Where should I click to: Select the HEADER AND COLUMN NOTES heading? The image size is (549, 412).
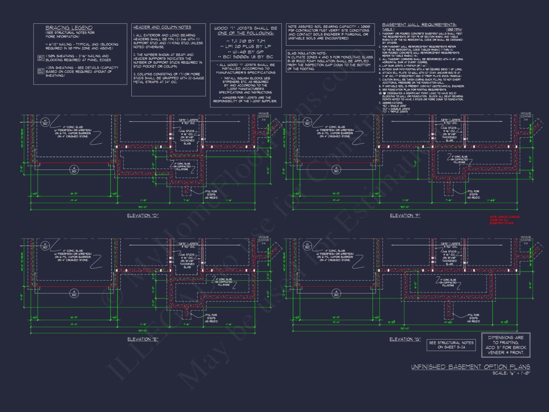pyautogui.click(x=162, y=27)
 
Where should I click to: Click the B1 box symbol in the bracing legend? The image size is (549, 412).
pyautogui.click(x=40, y=58)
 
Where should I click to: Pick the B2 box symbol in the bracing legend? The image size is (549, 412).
pyautogui.click(x=40, y=71)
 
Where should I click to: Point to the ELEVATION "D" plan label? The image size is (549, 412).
pyautogui.click(x=143, y=215)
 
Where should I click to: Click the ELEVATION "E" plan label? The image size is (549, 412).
pyautogui.click(x=143, y=339)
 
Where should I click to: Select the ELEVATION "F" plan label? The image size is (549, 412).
pyautogui.click(x=404, y=215)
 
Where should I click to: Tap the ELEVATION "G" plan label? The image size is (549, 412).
pyautogui.click(x=404, y=339)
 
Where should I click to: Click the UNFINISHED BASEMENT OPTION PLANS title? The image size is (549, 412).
pyautogui.click(x=470, y=367)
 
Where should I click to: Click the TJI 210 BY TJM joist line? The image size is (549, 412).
pyautogui.click(x=245, y=41)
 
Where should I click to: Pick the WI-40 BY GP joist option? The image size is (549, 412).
pyautogui.click(x=245, y=53)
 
